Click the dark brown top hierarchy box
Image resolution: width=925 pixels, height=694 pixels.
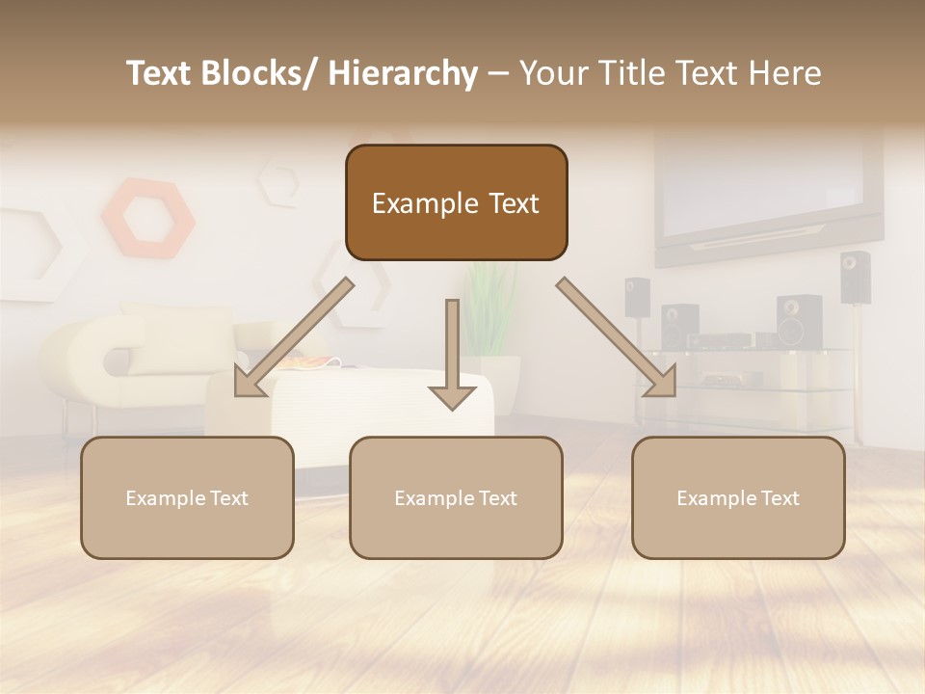point(456,202)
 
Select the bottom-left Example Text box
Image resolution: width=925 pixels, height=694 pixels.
point(187,497)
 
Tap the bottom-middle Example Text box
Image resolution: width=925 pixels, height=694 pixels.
point(456,497)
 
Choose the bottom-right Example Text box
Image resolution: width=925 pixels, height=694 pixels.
point(738,497)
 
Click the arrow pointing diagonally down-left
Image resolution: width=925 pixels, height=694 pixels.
point(293,338)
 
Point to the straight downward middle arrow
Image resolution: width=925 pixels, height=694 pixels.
point(452,357)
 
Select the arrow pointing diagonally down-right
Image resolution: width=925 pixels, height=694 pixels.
point(617,338)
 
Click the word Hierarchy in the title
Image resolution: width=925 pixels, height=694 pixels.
point(403,73)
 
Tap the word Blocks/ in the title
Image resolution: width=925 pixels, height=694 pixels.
point(259,73)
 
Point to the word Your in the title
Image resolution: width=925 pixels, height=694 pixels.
point(553,73)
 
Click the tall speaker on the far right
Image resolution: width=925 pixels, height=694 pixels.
point(854,278)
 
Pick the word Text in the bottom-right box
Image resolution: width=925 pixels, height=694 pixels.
point(780,497)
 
